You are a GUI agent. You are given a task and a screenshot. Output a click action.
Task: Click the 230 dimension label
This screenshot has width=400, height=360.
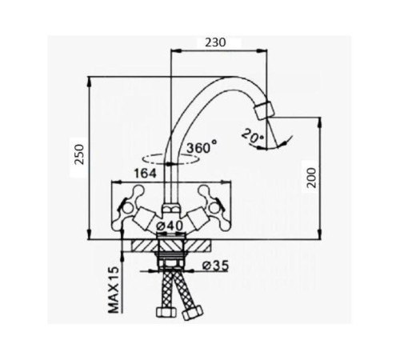pyautogui.click(x=215, y=42)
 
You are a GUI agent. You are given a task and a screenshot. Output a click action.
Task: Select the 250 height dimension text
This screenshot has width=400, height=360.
pyautogui.click(x=79, y=154)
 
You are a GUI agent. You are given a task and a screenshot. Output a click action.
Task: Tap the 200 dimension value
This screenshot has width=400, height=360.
pyautogui.click(x=311, y=178)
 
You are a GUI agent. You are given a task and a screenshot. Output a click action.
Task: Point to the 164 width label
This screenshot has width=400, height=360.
pyautogui.click(x=145, y=174)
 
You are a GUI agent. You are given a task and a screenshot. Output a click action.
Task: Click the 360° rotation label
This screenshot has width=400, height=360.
pyautogui.click(x=202, y=147)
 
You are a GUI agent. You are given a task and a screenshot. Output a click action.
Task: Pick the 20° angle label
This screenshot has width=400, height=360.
pyautogui.click(x=253, y=136)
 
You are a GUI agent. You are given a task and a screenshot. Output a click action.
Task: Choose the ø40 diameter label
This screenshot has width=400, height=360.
pyautogui.click(x=170, y=226)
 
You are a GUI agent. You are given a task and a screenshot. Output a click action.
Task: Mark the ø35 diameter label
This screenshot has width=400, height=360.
pyautogui.click(x=215, y=266)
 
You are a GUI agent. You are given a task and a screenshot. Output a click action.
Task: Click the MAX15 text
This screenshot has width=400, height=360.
pyautogui.click(x=114, y=290)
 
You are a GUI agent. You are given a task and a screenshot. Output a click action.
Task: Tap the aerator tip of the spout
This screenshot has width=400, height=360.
pyautogui.click(x=264, y=110)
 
